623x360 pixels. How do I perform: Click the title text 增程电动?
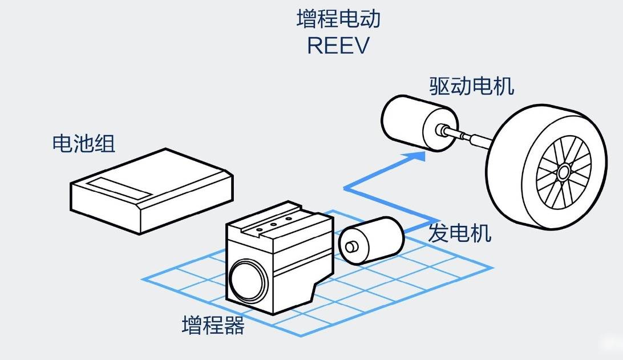(338, 19)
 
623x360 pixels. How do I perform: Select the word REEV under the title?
(338, 46)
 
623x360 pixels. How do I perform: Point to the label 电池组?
(84, 143)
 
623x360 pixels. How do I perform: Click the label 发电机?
(459, 233)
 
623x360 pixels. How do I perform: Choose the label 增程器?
(213, 326)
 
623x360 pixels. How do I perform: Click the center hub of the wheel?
(564, 171)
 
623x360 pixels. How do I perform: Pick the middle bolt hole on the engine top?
(273, 226)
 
